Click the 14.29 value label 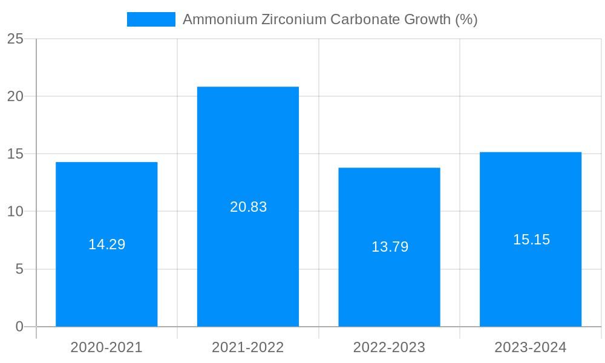pyautogui.click(x=106, y=244)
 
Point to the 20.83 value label pyautogui.click(x=248, y=207)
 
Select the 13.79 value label pyautogui.click(x=390, y=247)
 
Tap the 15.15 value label pyautogui.click(x=531, y=240)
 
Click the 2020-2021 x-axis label pyautogui.click(x=106, y=347)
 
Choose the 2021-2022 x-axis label pyautogui.click(x=248, y=347)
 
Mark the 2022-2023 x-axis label pyautogui.click(x=389, y=347)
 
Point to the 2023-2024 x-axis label pyautogui.click(x=531, y=347)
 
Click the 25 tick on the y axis pyautogui.click(x=15, y=39)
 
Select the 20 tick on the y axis pyautogui.click(x=15, y=96)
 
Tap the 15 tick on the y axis pyautogui.click(x=15, y=154)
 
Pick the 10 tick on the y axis pyautogui.click(x=15, y=211)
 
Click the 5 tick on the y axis pyautogui.click(x=19, y=269)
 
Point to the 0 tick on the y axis pyautogui.click(x=19, y=327)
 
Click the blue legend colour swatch pyautogui.click(x=151, y=19)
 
